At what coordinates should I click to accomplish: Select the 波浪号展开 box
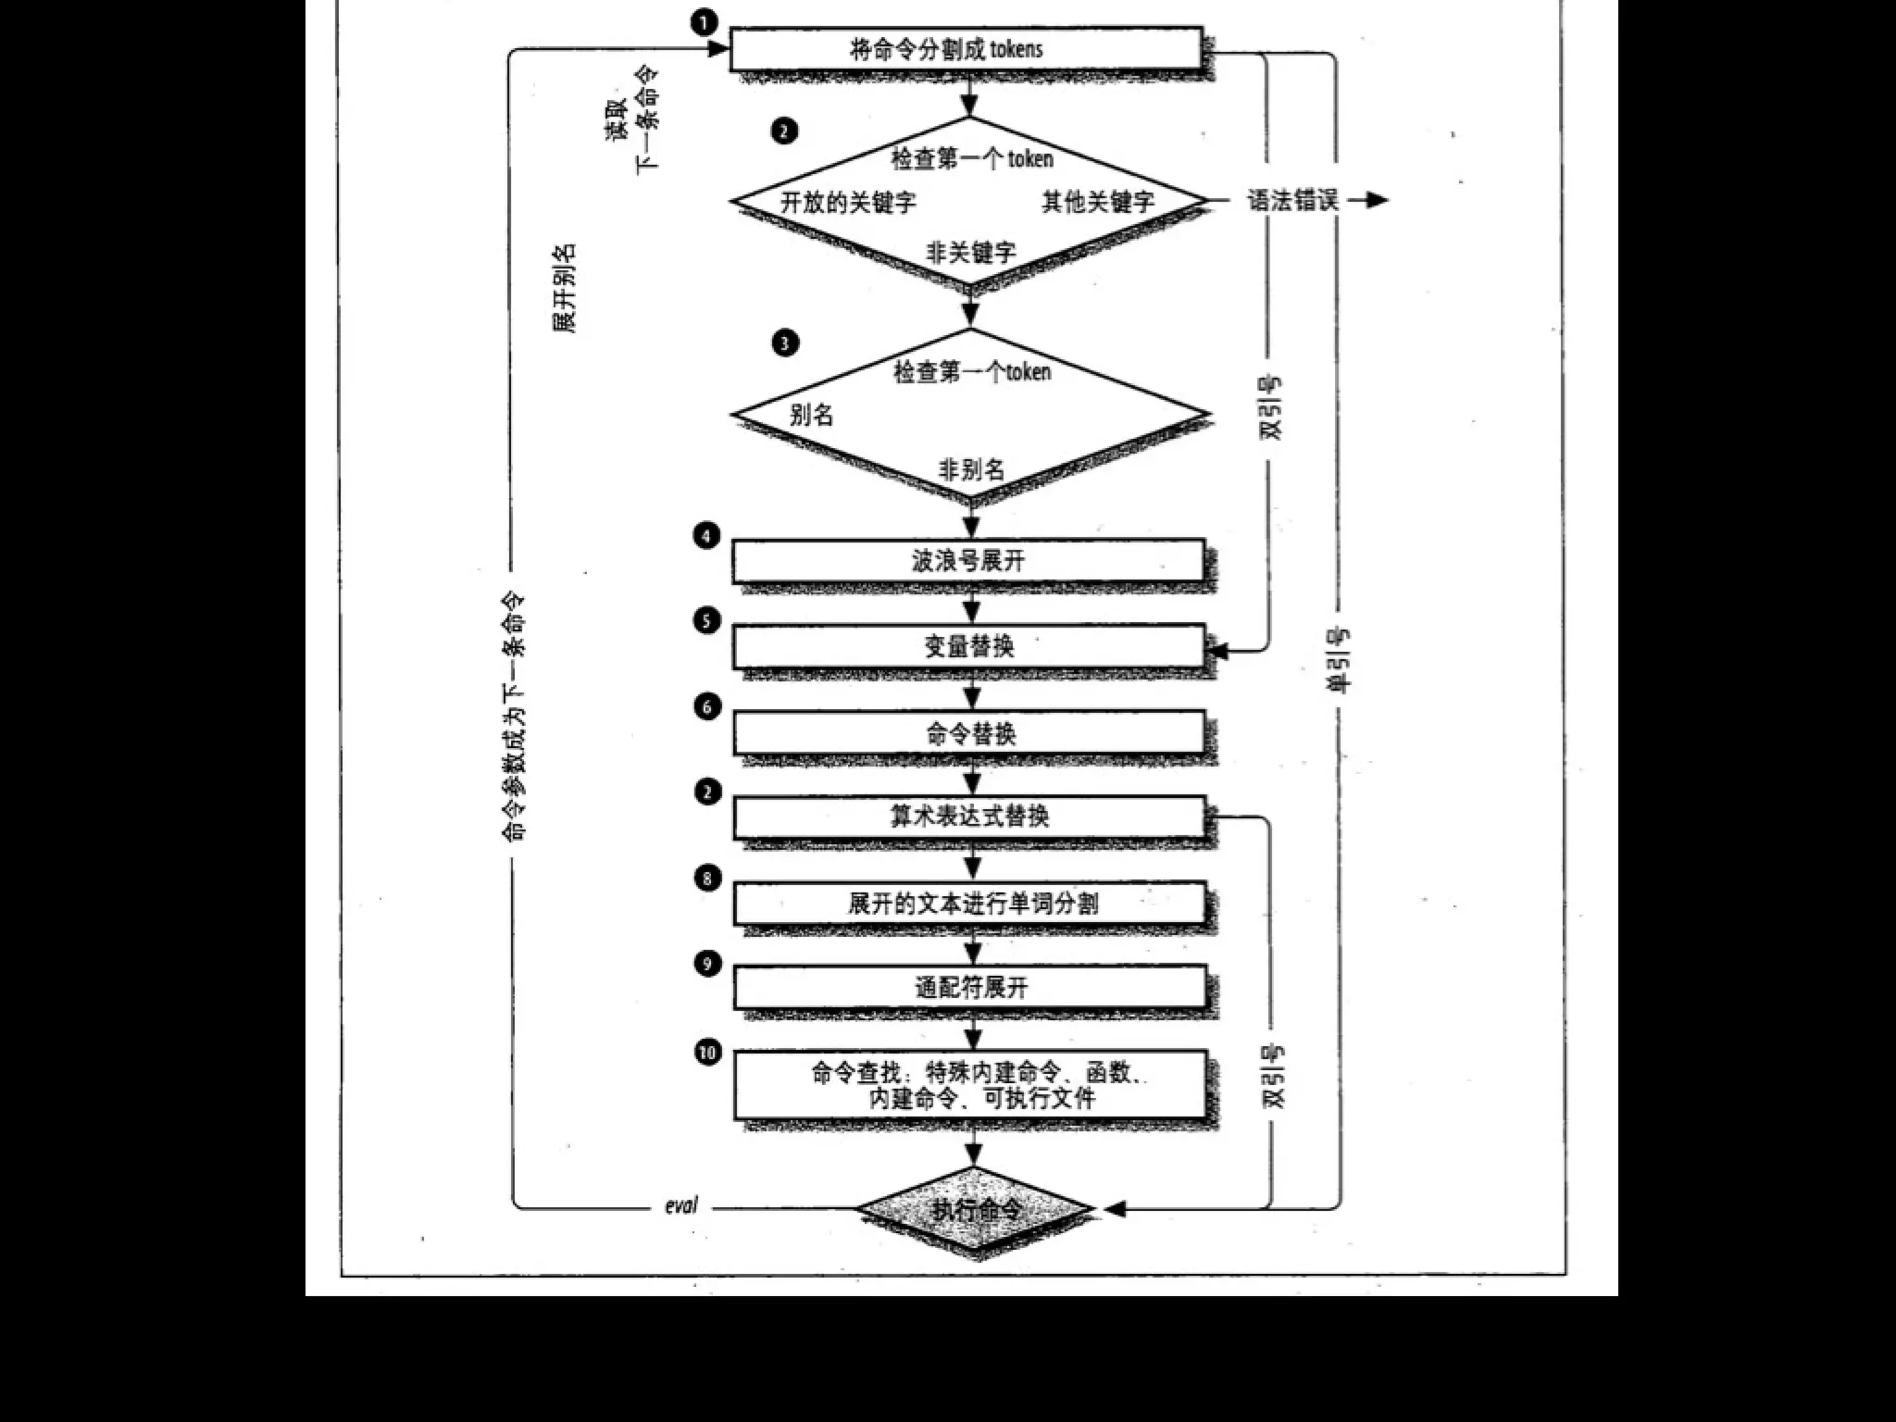(967, 560)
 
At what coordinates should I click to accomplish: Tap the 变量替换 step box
(967, 645)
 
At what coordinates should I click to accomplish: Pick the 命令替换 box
(969, 733)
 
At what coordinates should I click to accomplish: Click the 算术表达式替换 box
(969, 817)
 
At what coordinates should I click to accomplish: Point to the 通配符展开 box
(970, 987)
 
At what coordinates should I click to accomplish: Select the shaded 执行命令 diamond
(976, 1209)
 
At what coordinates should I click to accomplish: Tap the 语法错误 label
(1292, 200)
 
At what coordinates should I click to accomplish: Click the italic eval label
(681, 1206)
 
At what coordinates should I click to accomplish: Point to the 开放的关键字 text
(848, 202)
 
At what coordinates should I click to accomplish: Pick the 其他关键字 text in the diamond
(1098, 202)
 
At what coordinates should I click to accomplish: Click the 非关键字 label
(970, 252)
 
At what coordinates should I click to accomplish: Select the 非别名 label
(971, 469)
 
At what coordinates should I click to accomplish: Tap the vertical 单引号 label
(1340, 659)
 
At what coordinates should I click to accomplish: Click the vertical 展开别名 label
(564, 288)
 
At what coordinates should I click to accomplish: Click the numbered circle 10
(708, 1053)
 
